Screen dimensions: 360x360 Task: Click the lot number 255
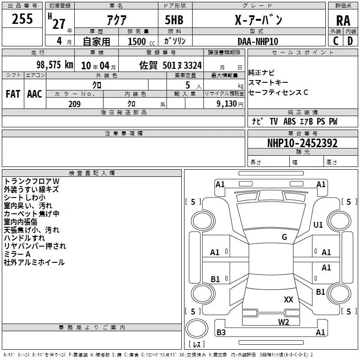(x=22, y=19)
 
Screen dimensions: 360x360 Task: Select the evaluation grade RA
(x=343, y=21)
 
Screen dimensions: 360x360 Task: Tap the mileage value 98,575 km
(x=54, y=65)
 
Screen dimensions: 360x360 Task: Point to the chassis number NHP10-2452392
(x=302, y=143)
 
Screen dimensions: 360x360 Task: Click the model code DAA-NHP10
(x=258, y=41)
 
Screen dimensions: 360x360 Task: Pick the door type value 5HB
(x=174, y=20)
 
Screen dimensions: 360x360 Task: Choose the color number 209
(x=74, y=104)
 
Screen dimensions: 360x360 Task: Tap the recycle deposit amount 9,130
(x=227, y=104)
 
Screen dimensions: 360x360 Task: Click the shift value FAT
(x=13, y=94)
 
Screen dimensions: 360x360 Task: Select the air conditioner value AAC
(x=35, y=94)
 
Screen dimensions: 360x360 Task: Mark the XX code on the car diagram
(x=288, y=299)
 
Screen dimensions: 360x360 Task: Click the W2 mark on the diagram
(x=283, y=322)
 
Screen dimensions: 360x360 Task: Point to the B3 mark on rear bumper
(x=221, y=332)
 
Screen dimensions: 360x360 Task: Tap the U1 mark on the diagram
(x=318, y=225)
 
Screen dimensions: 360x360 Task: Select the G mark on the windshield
(x=284, y=237)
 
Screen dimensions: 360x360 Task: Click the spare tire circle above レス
(x=197, y=328)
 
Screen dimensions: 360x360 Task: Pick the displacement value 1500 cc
(x=141, y=41)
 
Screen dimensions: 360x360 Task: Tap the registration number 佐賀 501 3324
(x=171, y=65)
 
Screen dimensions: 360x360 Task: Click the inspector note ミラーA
(x=17, y=254)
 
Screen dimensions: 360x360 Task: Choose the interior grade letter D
(x=350, y=41)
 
